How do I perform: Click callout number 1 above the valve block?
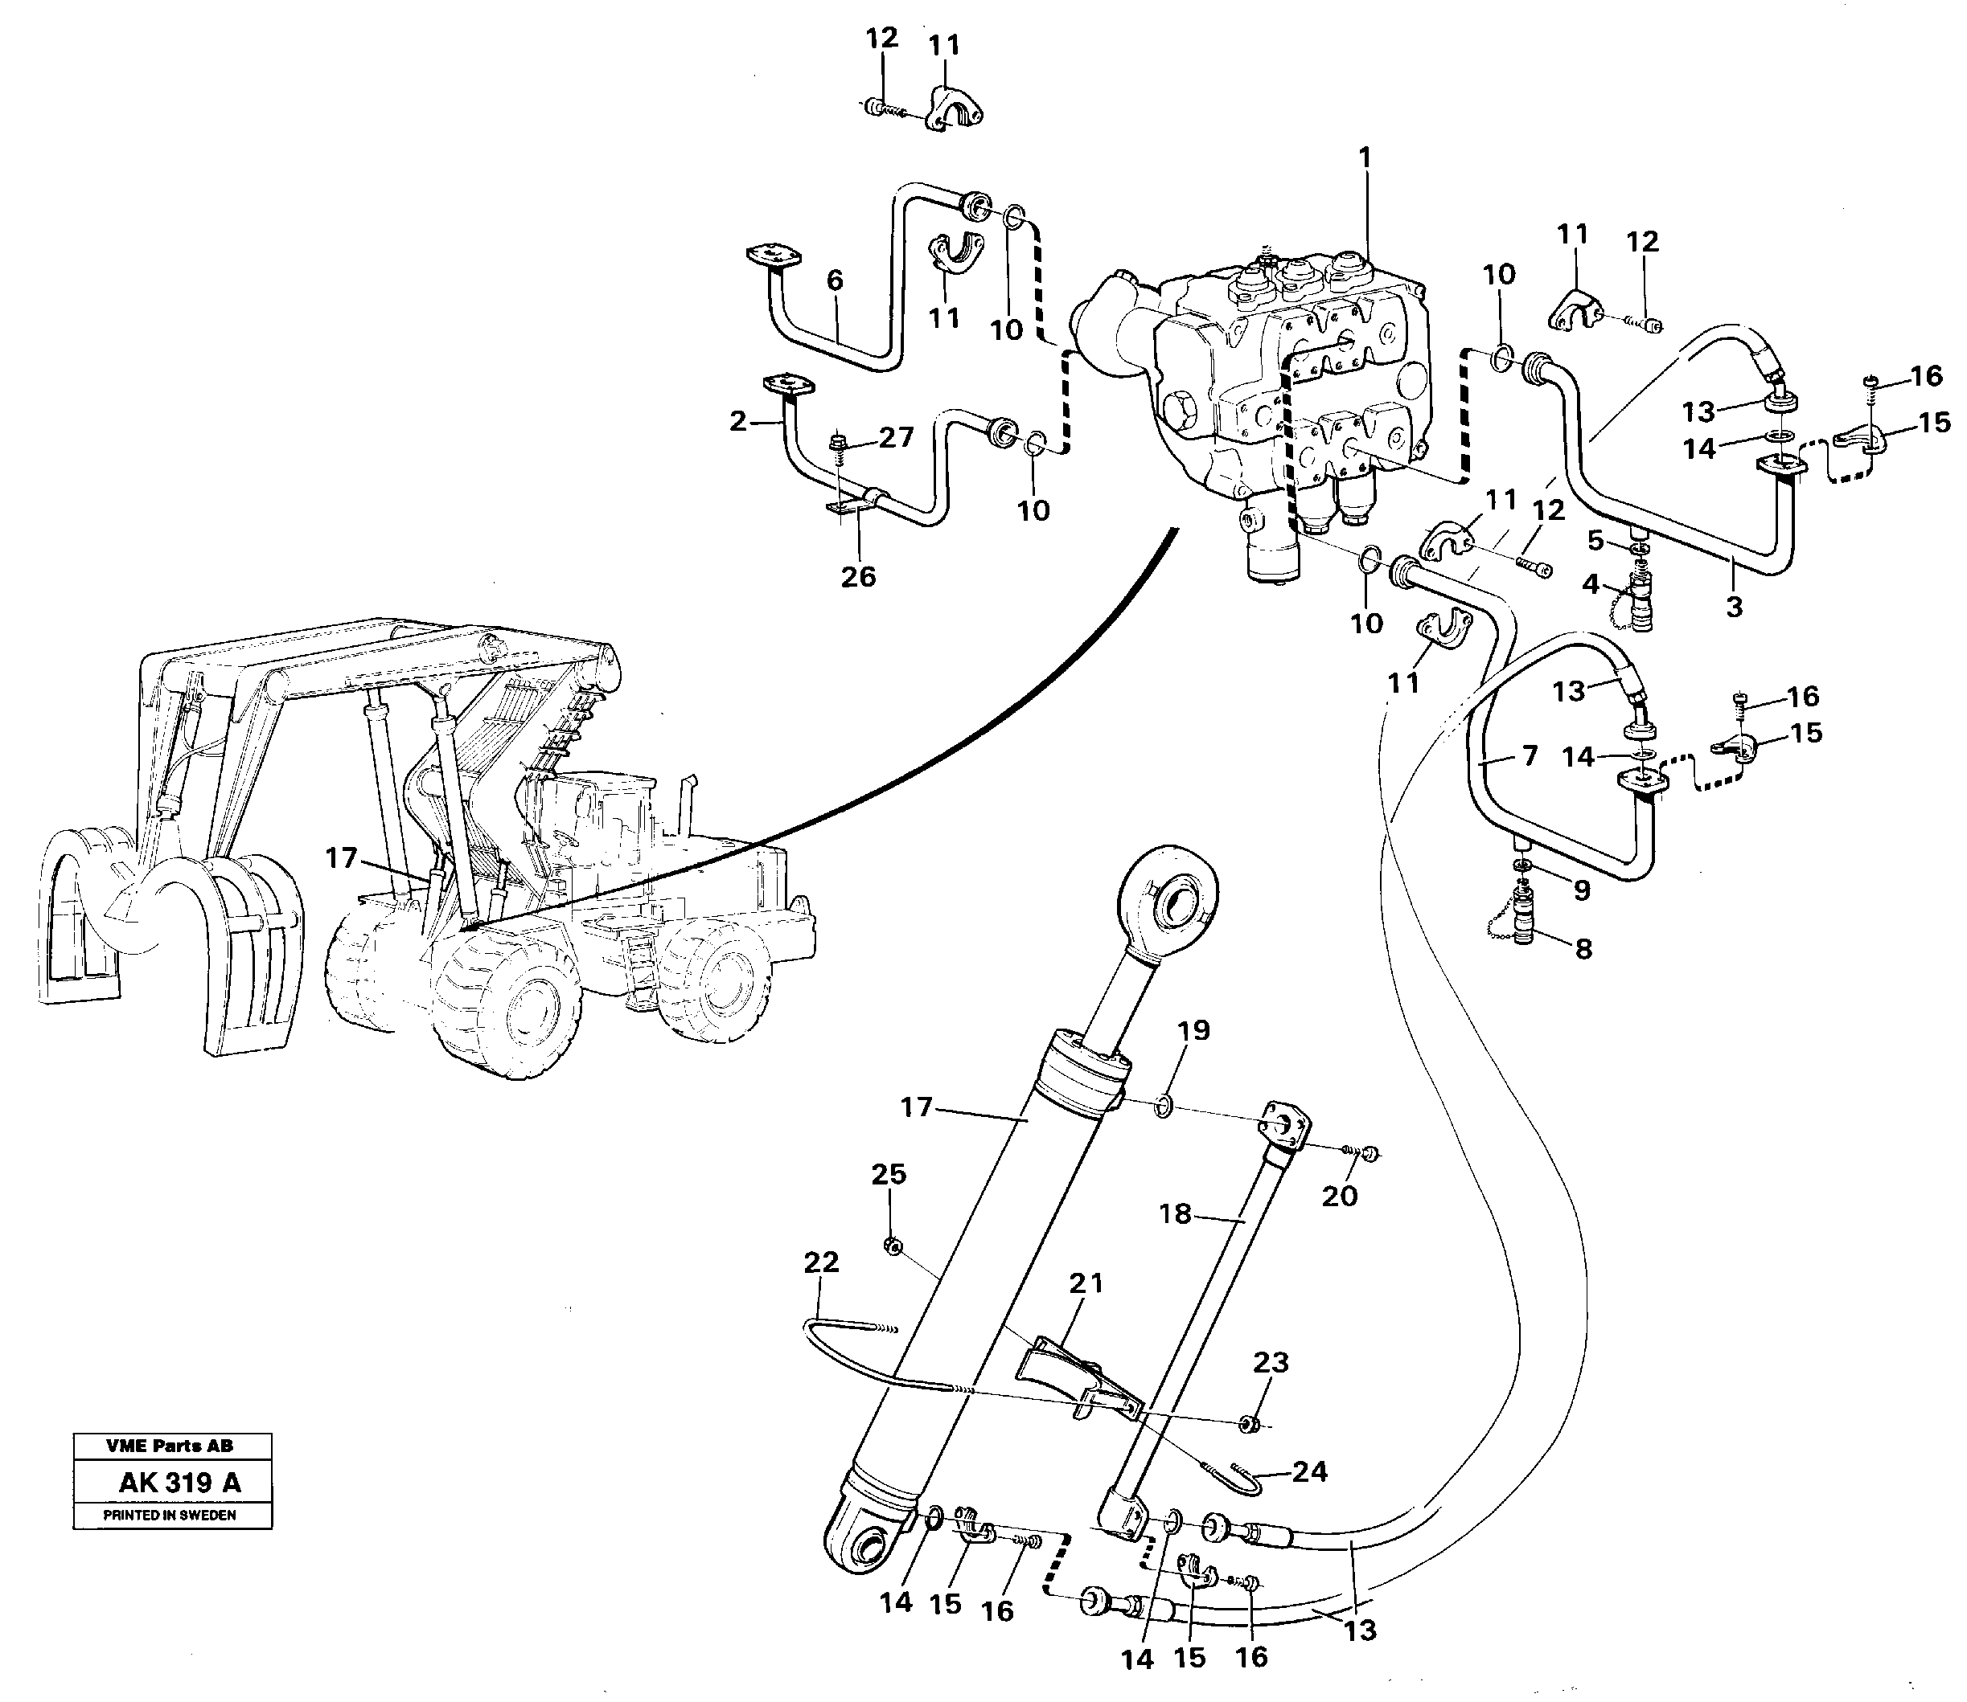[1365, 158]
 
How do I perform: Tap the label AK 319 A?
[179, 1483]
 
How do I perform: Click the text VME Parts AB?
[171, 1446]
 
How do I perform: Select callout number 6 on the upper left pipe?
[834, 280]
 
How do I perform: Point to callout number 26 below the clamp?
[858, 576]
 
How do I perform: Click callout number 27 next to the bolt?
[895, 438]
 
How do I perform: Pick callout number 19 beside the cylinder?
[1193, 1030]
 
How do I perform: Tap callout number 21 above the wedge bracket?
[1086, 1283]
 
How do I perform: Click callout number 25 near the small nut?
[889, 1175]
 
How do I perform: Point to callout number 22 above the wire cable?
[821, 1262]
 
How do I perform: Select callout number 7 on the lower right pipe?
[1529, 757]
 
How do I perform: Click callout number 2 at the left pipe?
[738, 421]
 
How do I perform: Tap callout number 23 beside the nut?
[1271, 1363]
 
